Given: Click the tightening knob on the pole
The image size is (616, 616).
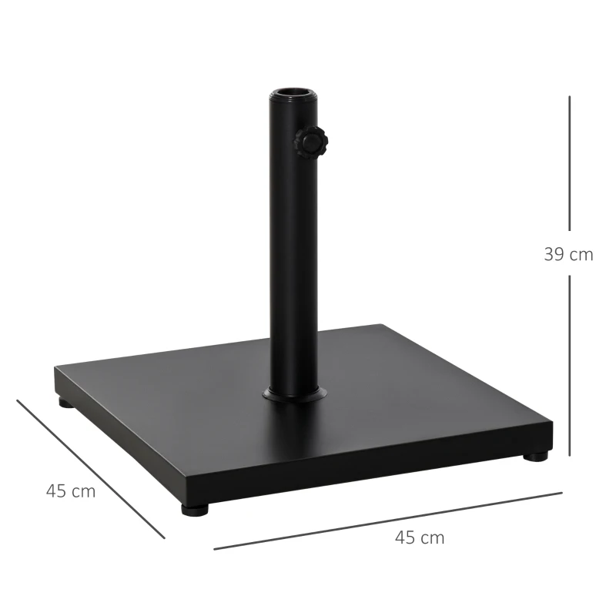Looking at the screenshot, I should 309,142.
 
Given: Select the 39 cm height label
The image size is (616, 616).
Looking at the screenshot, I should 568,255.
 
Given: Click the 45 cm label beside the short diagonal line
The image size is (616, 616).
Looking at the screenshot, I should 71,491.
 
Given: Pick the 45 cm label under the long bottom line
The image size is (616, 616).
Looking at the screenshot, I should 419,538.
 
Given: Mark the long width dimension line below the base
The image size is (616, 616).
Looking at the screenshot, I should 387,521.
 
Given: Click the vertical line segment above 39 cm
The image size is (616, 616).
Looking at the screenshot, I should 570,162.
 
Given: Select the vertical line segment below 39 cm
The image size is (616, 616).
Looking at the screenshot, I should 570,366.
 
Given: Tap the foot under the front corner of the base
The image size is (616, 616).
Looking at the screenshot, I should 196,509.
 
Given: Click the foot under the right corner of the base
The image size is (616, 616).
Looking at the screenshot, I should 537,457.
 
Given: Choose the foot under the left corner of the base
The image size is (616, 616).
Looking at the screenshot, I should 65,402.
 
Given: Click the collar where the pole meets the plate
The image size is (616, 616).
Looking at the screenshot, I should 293,395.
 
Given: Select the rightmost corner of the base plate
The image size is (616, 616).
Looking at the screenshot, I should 552,422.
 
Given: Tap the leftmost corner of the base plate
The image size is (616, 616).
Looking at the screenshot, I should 55,370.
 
